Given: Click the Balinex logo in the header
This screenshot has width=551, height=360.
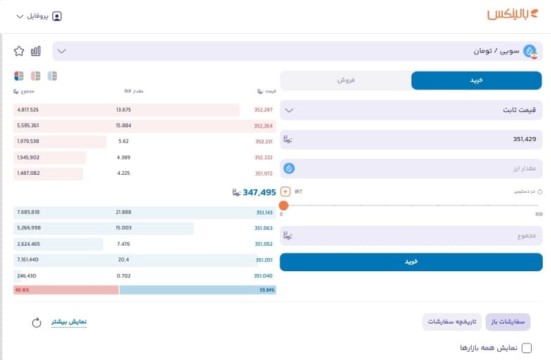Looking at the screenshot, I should click(x=512, y=14).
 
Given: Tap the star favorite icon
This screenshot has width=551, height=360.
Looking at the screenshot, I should click(x=19, y=51).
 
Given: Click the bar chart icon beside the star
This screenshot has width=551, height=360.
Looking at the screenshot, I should click(x=36, y=51).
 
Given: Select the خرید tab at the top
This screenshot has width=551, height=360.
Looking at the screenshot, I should click(x=477, y=81).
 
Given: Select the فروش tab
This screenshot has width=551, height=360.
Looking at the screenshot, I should click(x=345, y=81).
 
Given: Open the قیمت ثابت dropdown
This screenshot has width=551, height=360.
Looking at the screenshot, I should click(x=411, y=110).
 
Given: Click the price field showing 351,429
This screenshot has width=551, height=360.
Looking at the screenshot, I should click(x=411, y=140).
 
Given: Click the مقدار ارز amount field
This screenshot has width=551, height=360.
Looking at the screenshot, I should click(x=411, y=169).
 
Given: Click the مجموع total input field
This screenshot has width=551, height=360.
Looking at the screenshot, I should click(x=411, y=236).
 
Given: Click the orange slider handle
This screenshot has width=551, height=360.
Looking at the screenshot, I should click(x=284, y=205).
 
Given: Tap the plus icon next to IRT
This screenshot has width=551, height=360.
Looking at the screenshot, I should click(x=286, y=191).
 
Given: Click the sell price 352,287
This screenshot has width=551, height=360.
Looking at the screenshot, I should click(x=263, y=110).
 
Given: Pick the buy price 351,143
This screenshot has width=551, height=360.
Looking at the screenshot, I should click(x=264, y=213).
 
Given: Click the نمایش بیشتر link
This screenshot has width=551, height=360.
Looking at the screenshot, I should click(x=70, y=321).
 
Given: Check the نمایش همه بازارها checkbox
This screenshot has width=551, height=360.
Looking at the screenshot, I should click(x=527, y=348).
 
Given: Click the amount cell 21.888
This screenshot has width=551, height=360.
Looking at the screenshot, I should click(x=124, y=213).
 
